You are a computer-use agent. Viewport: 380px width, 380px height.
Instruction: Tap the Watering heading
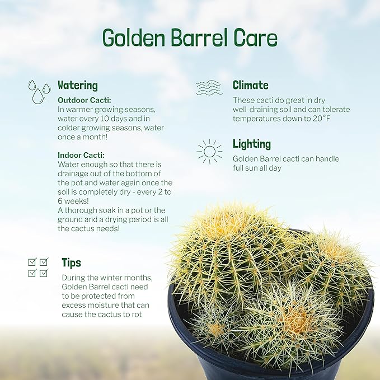[x=78, y=86]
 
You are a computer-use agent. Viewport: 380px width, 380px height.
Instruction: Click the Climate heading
[x=251, y=86]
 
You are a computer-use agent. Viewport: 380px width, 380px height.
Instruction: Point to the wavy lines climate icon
[x=209, y=88]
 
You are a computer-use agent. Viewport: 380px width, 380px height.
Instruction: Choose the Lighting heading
[x=252, y=144]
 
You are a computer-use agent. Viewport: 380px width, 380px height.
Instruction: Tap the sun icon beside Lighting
[x=209, y=151]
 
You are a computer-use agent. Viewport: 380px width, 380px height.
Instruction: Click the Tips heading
[x=71, y=262]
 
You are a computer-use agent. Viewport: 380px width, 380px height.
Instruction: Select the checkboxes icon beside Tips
[x=39, y=267]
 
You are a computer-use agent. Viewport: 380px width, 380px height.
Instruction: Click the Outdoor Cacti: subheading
[x=85, y=100]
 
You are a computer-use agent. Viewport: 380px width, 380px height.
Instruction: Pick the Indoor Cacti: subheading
[x=81, y=155]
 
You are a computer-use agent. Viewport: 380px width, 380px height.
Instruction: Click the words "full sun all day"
[x=257, y=168]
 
